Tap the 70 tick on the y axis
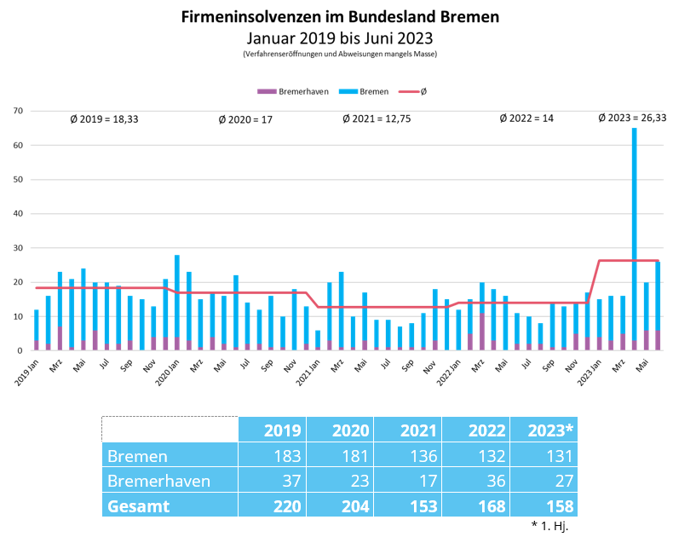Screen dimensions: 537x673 click(17, 111)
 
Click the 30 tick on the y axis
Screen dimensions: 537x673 click(17, 248)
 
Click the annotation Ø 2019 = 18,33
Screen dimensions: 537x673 click(104, 119)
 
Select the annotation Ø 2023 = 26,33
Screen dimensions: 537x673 click(632, 118)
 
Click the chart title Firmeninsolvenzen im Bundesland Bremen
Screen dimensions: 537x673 click(340, 17)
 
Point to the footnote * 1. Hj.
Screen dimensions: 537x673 click(549, 525)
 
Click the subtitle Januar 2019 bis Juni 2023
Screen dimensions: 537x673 click(340, 38)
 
